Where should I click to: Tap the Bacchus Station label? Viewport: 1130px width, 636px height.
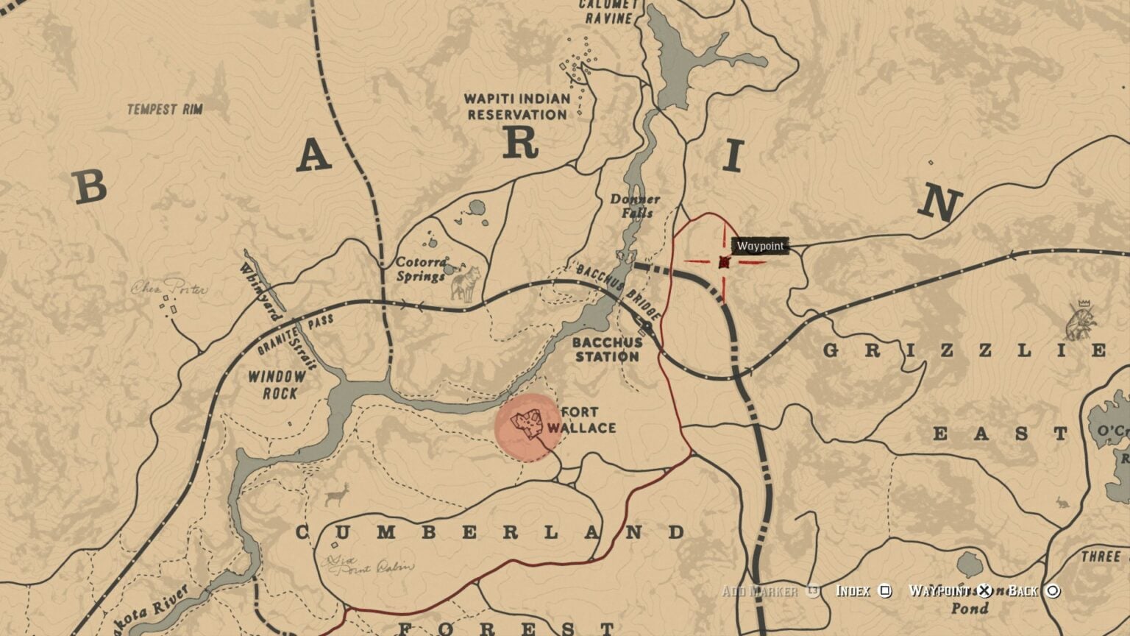tap(607, 349)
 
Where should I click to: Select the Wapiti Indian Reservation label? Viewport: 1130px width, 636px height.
tap(517, 107)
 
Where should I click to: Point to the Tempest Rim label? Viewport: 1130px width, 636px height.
tap(165, 110)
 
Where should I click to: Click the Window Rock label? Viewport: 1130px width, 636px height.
tap(277, 385)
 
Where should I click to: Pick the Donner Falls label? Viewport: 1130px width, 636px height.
tap(635, 206)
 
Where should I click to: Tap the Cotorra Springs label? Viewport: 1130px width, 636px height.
tap(422, 269)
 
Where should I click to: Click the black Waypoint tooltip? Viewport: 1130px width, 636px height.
tap(761, 246)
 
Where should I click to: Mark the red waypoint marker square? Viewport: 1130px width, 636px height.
tap(724, 262)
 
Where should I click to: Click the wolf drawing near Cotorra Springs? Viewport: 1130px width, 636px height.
tap(465, 284)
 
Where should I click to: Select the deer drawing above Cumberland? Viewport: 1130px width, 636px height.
tap(338, 494)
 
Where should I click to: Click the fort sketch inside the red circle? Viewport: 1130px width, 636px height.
tap(527, 423)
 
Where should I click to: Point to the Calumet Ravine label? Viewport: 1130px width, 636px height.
tap(607, 11)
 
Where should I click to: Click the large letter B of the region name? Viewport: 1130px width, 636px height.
tap(91, 187)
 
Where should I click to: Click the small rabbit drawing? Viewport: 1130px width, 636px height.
tap(1061, 503)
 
